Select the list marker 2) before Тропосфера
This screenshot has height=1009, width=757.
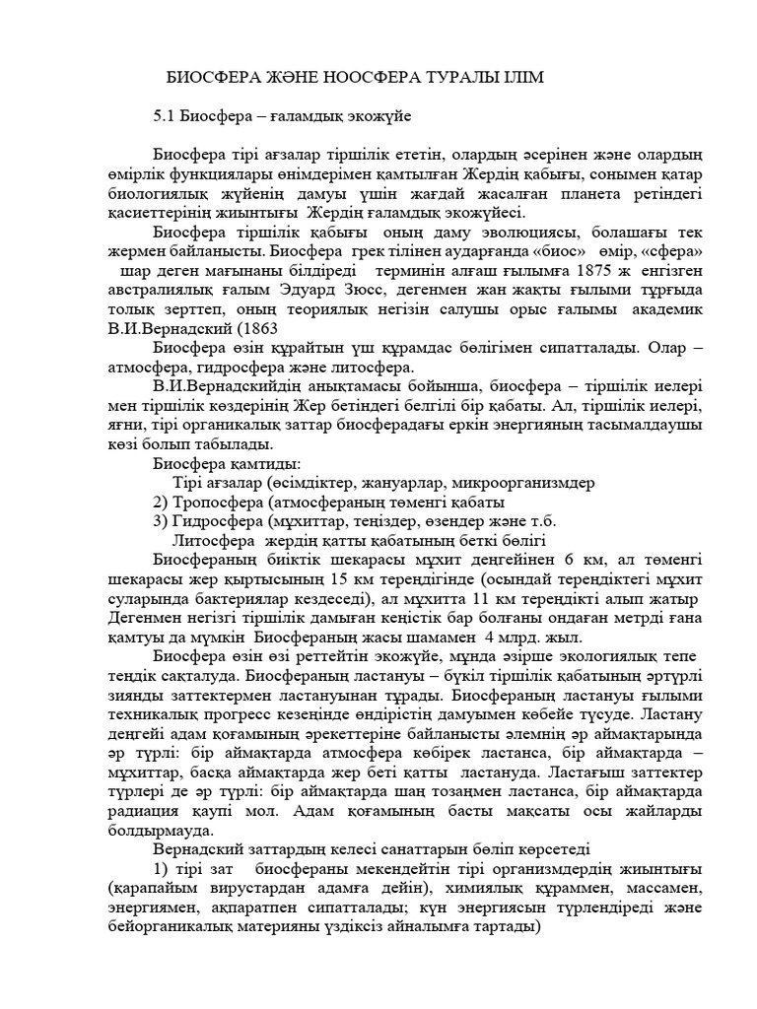coord(163,503)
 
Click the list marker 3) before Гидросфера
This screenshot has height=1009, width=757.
coord(163,521)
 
